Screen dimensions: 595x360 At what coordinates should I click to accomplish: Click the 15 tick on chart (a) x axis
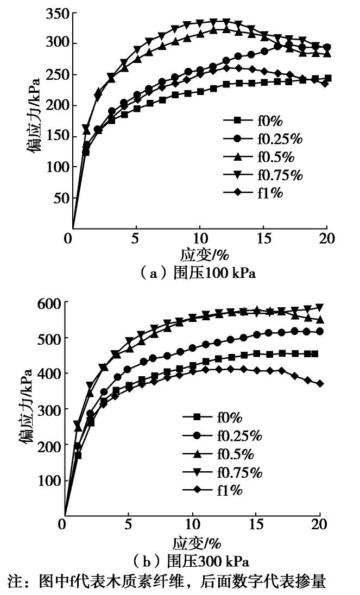[x=263, y=238]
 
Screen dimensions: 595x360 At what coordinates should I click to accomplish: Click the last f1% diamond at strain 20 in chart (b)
[x=320, y=383]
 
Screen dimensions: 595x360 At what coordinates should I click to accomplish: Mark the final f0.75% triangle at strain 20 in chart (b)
[x=320, y=307]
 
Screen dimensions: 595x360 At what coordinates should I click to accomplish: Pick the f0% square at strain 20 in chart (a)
[x=327, y=78]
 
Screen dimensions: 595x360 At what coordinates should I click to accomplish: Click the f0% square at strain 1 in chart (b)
[x=78, y=455]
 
